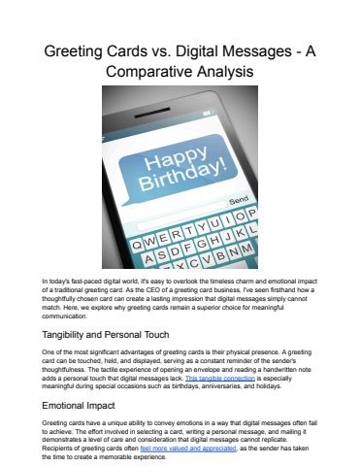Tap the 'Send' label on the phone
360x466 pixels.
238,200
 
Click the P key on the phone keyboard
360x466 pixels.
251,214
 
